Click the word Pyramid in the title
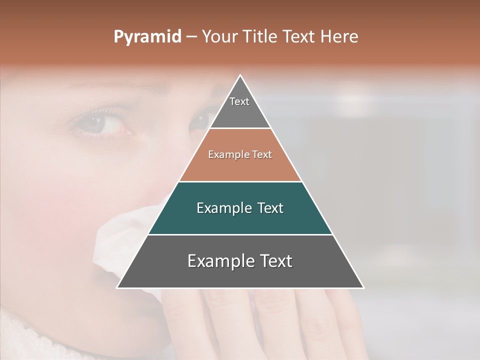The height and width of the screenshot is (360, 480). (x=147, y=37)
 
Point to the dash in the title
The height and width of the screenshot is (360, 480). (x=191, y=37)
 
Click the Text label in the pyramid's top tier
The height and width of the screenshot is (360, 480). (x=239, y=101)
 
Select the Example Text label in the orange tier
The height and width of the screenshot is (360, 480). (x=240, y=154)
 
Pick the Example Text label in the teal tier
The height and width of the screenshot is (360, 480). (x=240, y=208)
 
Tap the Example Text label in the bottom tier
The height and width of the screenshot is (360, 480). (x=240, y=261)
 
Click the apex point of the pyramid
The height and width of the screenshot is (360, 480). (x=240, y=75)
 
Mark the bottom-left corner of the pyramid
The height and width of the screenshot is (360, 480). (x=117, y=287)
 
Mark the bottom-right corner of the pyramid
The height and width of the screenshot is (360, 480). (x=363, y=287)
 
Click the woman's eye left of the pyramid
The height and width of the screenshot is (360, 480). (x=105, y=125)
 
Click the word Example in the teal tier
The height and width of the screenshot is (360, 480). (x=222, y=208)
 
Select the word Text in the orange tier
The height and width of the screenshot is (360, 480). (x=262, y=154)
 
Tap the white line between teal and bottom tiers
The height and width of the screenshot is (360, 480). (x=240, y=234)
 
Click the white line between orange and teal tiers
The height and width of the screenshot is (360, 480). (x=240, y=181)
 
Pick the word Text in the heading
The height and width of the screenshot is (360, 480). (x=299, y=36)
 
